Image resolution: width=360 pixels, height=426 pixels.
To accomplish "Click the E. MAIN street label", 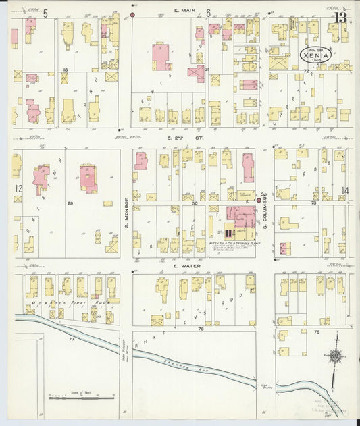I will (x=184, y=11).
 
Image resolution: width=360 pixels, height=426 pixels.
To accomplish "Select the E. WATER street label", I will (x=184, y=266).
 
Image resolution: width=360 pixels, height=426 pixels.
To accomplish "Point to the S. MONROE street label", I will (x=126, y=211).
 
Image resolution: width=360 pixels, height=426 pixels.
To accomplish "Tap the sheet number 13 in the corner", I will (x=341, y=17).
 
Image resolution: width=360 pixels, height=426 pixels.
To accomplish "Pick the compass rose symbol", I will (x=333, y=356).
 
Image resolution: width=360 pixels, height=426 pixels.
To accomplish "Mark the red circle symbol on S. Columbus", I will (x=259, y=201).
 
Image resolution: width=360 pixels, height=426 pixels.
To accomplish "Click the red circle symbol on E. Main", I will (x=133, y=14).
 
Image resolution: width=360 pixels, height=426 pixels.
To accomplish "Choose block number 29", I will (x=70, y=203).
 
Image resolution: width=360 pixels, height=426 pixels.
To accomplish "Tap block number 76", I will (x=201, y=329).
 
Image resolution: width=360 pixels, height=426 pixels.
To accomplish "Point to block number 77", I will (x=71, y=338).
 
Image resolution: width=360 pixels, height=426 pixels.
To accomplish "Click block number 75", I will (x=316, y=332).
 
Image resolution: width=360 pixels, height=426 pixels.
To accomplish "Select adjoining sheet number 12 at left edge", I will (x=19, y=188).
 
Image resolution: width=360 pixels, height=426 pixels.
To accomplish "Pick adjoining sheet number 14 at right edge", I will (x=345, y=191).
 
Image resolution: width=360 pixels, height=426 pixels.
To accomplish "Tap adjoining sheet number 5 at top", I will (x=45, y=13).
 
